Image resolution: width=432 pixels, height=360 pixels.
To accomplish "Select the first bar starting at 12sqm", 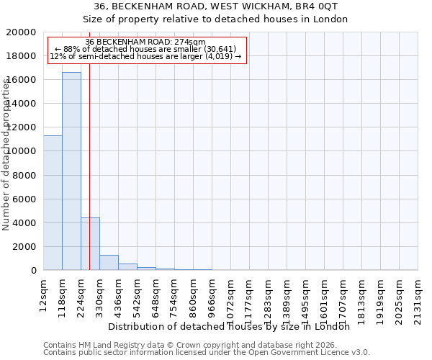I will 53,202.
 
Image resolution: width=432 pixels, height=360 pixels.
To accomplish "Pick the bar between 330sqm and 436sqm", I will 109,262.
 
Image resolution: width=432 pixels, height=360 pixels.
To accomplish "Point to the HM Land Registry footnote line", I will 190,345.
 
